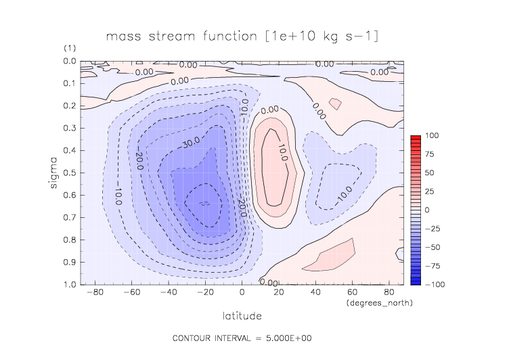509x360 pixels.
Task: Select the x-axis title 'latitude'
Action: (x=242, y=315)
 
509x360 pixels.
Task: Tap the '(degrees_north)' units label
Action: (x=379, y=302)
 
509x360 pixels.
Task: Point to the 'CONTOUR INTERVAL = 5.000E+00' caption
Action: (x=242, y=338)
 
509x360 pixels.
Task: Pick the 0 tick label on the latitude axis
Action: (x=242, y=293)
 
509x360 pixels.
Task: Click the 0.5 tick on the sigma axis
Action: (x=70, y=173)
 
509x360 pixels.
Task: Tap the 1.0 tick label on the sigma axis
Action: (x=70, y=284)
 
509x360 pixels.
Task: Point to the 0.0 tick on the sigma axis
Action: (x=70, y=62)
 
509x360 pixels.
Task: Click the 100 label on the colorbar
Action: (x=432, y=136)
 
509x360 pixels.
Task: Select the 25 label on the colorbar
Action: (x=430, y=192)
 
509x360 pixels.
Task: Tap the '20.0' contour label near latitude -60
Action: (x=138, y=161)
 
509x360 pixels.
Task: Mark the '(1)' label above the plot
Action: (x=70, y=49)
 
